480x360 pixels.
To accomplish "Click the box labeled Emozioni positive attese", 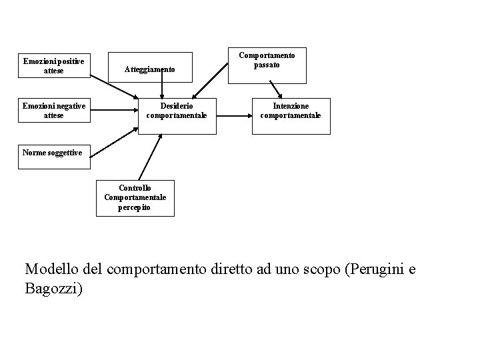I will tap(53, 66).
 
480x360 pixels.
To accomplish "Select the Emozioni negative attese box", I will tap(53, 111).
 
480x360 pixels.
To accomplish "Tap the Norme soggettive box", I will tap(52, 153).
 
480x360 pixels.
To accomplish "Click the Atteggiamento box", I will tap(150, 69).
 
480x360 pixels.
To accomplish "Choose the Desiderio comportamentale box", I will tap(177, 111).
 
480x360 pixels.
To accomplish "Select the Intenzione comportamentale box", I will tap(291, 111).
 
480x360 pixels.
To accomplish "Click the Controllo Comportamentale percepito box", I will tap(135, 197).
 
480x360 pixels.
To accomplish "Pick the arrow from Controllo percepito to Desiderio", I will tap(150, 157).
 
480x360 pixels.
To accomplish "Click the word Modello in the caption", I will tap(51, 269).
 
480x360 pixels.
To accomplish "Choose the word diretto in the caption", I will tap(239, 269).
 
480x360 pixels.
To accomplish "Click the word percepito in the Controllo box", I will tap(135, 207).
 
